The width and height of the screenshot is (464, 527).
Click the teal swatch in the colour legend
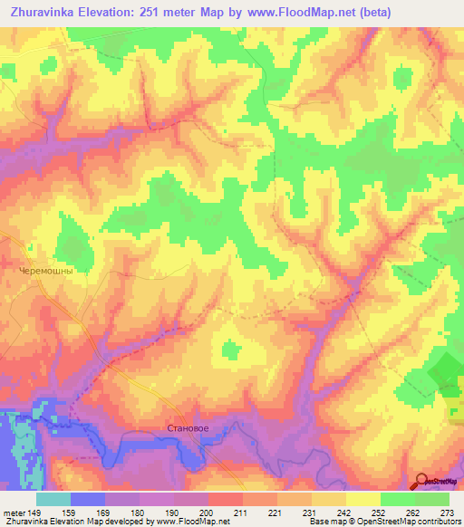tap(53, 499)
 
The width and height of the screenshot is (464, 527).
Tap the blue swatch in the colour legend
tap(87, 499)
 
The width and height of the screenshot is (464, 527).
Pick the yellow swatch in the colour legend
tap(363, 499)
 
